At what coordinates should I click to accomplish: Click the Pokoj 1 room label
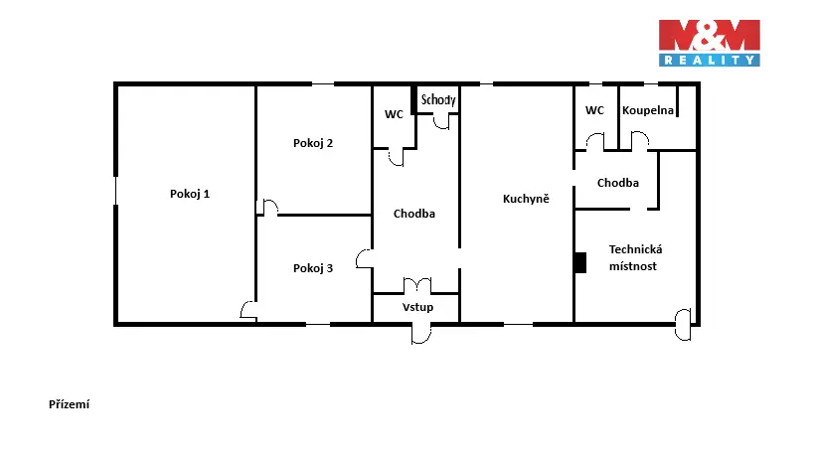coord(190,194)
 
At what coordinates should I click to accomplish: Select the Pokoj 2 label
coord(313,143)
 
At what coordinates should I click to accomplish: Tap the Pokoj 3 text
coord(313,268)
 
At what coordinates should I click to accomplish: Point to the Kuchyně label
coord(526,198)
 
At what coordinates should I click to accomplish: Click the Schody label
coord(438,99)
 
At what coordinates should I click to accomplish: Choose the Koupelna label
coord(648,110)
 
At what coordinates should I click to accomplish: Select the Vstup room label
coord(417,307)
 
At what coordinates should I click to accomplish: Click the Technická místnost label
coord(635,258)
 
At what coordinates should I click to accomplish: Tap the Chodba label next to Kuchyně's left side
coord(414,214)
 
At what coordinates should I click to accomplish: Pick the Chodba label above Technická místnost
coord(618,183)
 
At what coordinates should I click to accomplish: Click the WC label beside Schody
coord(394,114)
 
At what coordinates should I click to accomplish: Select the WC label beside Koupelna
coord(594,110)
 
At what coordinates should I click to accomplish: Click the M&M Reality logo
coord(709,43)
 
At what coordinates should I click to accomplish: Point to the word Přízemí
coord(69,404)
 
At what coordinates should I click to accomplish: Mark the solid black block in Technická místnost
coord(580,262)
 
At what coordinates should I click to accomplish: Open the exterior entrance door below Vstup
coord(421,334)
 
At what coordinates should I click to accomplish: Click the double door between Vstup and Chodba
coord(417,285)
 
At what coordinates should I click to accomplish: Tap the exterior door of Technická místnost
coord(683,324)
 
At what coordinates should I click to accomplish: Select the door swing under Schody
coord(441,122)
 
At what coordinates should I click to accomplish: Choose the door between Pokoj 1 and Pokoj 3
coord(248,310)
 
